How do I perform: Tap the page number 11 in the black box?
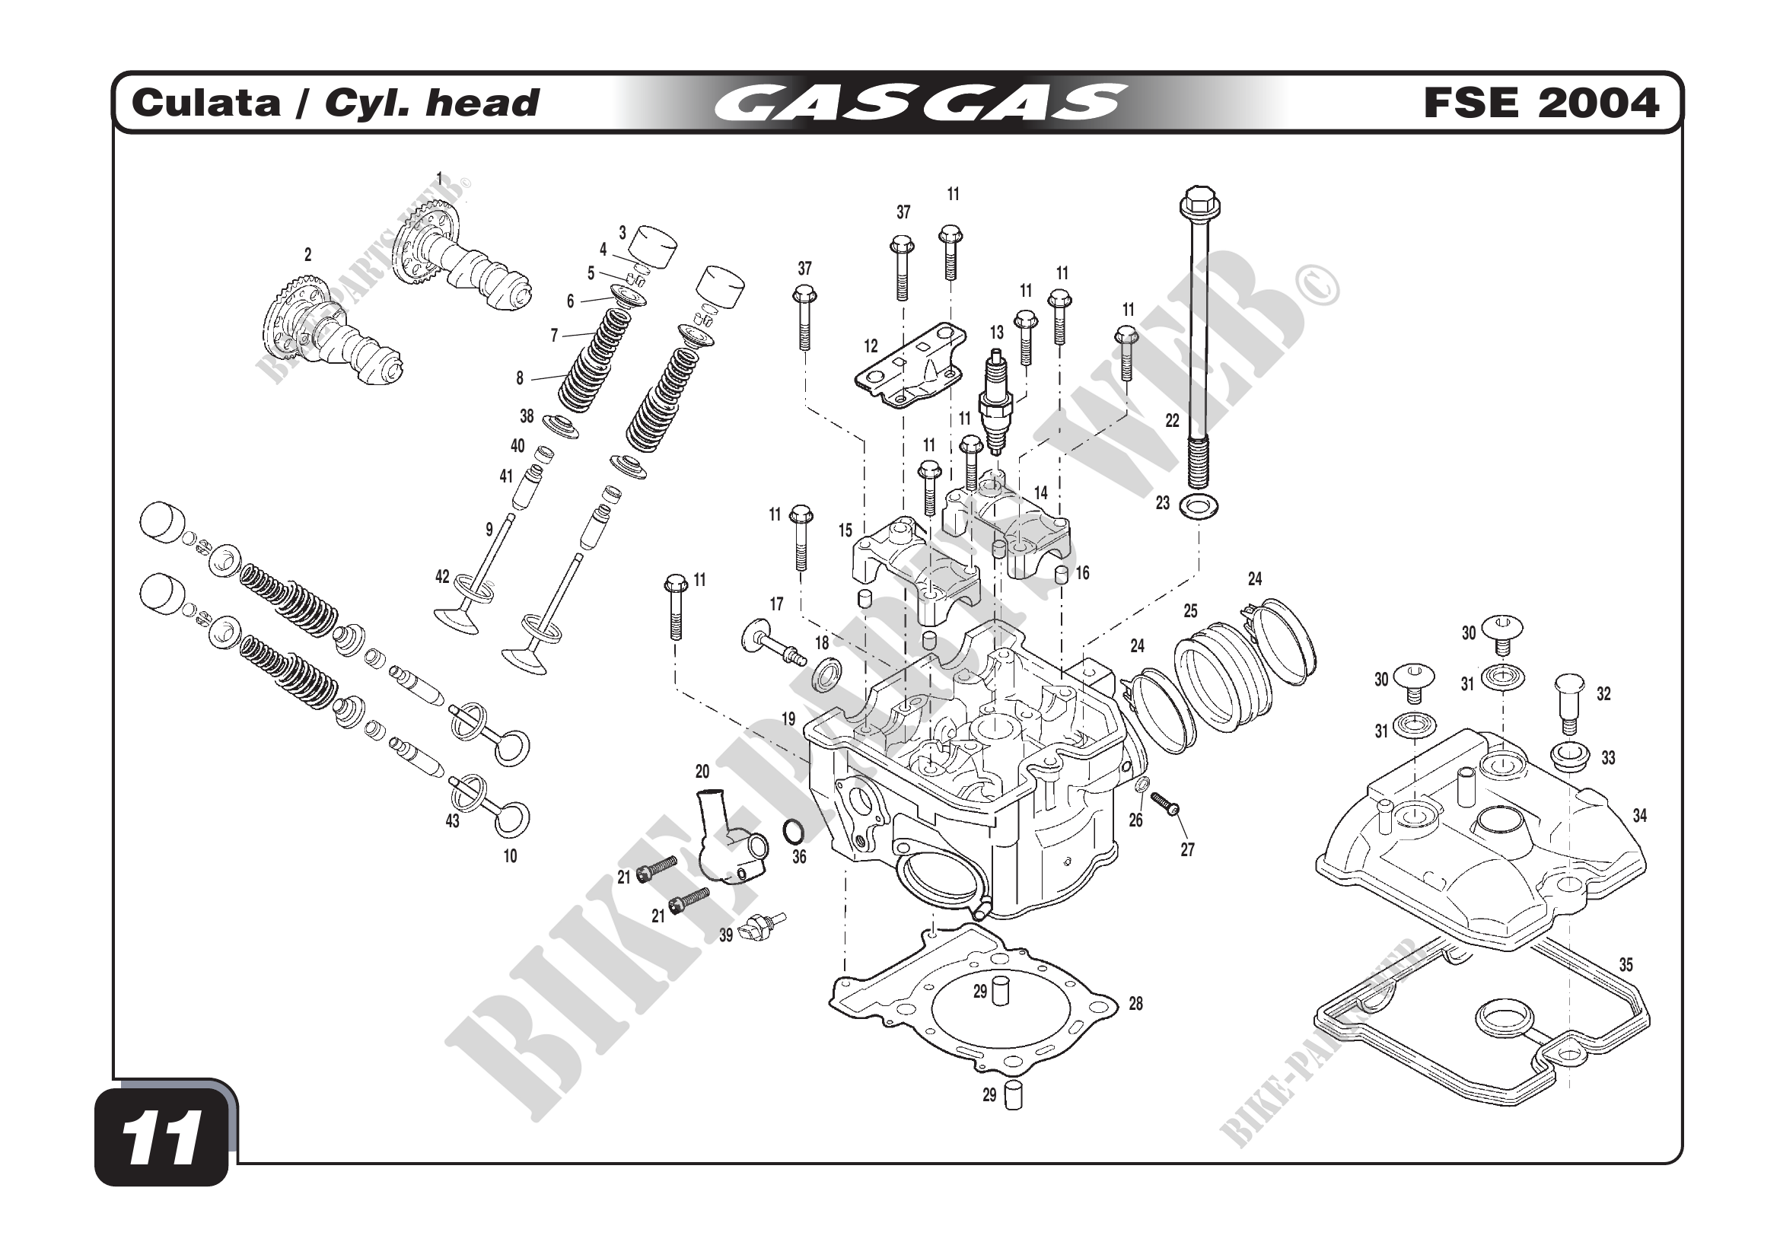point(163,1139)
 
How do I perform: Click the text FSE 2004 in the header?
point(1540,103)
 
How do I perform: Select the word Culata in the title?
point(206,103)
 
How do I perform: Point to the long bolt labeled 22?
point(1199,326)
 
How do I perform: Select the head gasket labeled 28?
point(973,1008)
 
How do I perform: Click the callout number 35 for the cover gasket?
point(1626,965)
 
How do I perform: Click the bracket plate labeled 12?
point(911,368)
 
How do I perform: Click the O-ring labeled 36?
point(794,831)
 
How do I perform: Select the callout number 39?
point(726,935)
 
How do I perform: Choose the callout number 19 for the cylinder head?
point(788,719)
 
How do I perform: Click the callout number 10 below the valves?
point(510,856)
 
